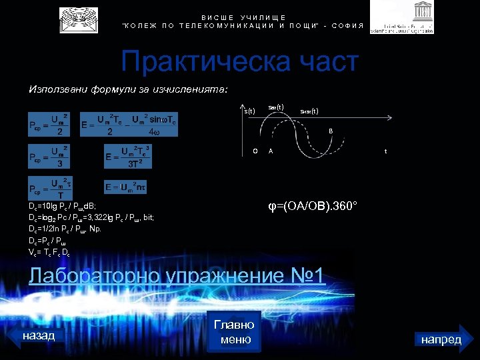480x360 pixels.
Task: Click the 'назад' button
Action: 38,336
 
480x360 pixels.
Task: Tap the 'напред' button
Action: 441,339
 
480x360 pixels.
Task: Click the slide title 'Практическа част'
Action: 239,63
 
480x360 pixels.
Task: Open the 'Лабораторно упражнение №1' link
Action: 177,275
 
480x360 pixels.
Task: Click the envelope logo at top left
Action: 79,20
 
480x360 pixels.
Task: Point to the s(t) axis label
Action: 249,111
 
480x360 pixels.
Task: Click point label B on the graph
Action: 329,131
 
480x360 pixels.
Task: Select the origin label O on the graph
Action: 255,151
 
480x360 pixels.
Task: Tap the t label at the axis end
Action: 385,151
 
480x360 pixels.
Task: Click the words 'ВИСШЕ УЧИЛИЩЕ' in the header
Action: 243,17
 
